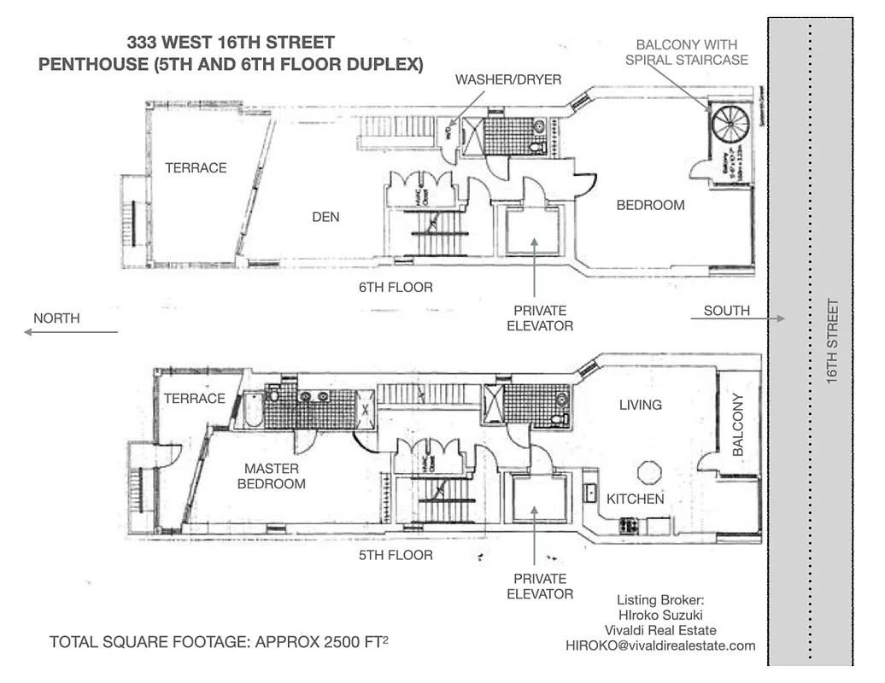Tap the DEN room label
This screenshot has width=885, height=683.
325,217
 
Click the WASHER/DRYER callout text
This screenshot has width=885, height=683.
508,79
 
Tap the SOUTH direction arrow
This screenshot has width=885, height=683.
740,319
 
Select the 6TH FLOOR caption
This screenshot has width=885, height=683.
396,288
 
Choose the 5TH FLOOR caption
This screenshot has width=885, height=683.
396,556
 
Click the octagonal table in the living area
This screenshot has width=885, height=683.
650,472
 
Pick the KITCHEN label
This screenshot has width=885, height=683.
635,499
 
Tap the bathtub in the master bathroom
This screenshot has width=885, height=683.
252,409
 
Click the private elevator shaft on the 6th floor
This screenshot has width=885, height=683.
533,229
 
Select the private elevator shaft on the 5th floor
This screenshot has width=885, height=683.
539,499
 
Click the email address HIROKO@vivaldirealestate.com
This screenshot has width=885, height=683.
660,645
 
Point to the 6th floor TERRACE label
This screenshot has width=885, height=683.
196,168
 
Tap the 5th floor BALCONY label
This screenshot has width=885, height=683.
740,424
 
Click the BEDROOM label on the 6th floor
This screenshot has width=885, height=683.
650,205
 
